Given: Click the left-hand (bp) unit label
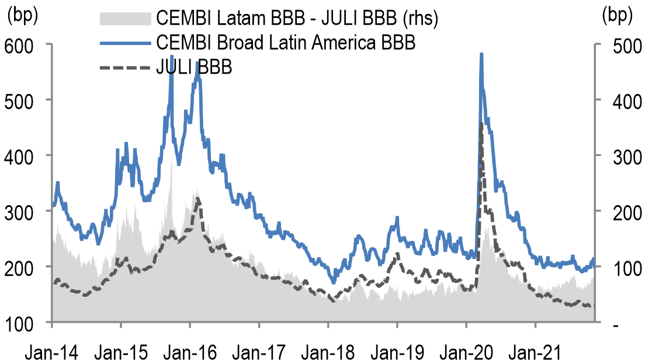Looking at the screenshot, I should [x=22, y=16].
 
